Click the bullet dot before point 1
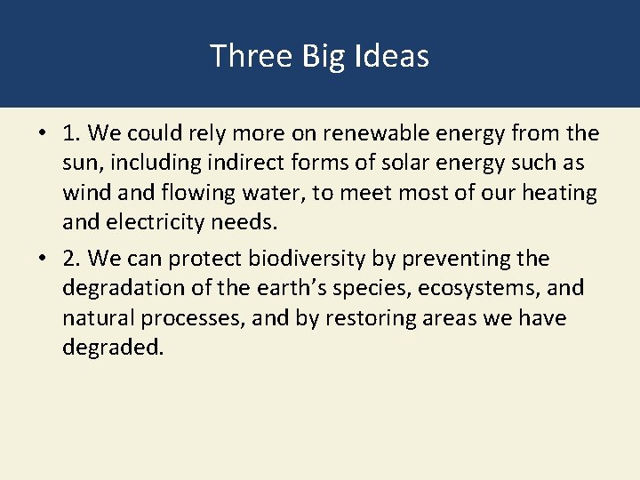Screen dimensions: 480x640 (42, 134)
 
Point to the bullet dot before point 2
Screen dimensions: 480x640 (42, 260)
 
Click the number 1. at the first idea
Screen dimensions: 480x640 (73, 134)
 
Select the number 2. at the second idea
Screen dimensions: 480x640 (73, 260)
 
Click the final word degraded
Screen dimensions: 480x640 (114, 348)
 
